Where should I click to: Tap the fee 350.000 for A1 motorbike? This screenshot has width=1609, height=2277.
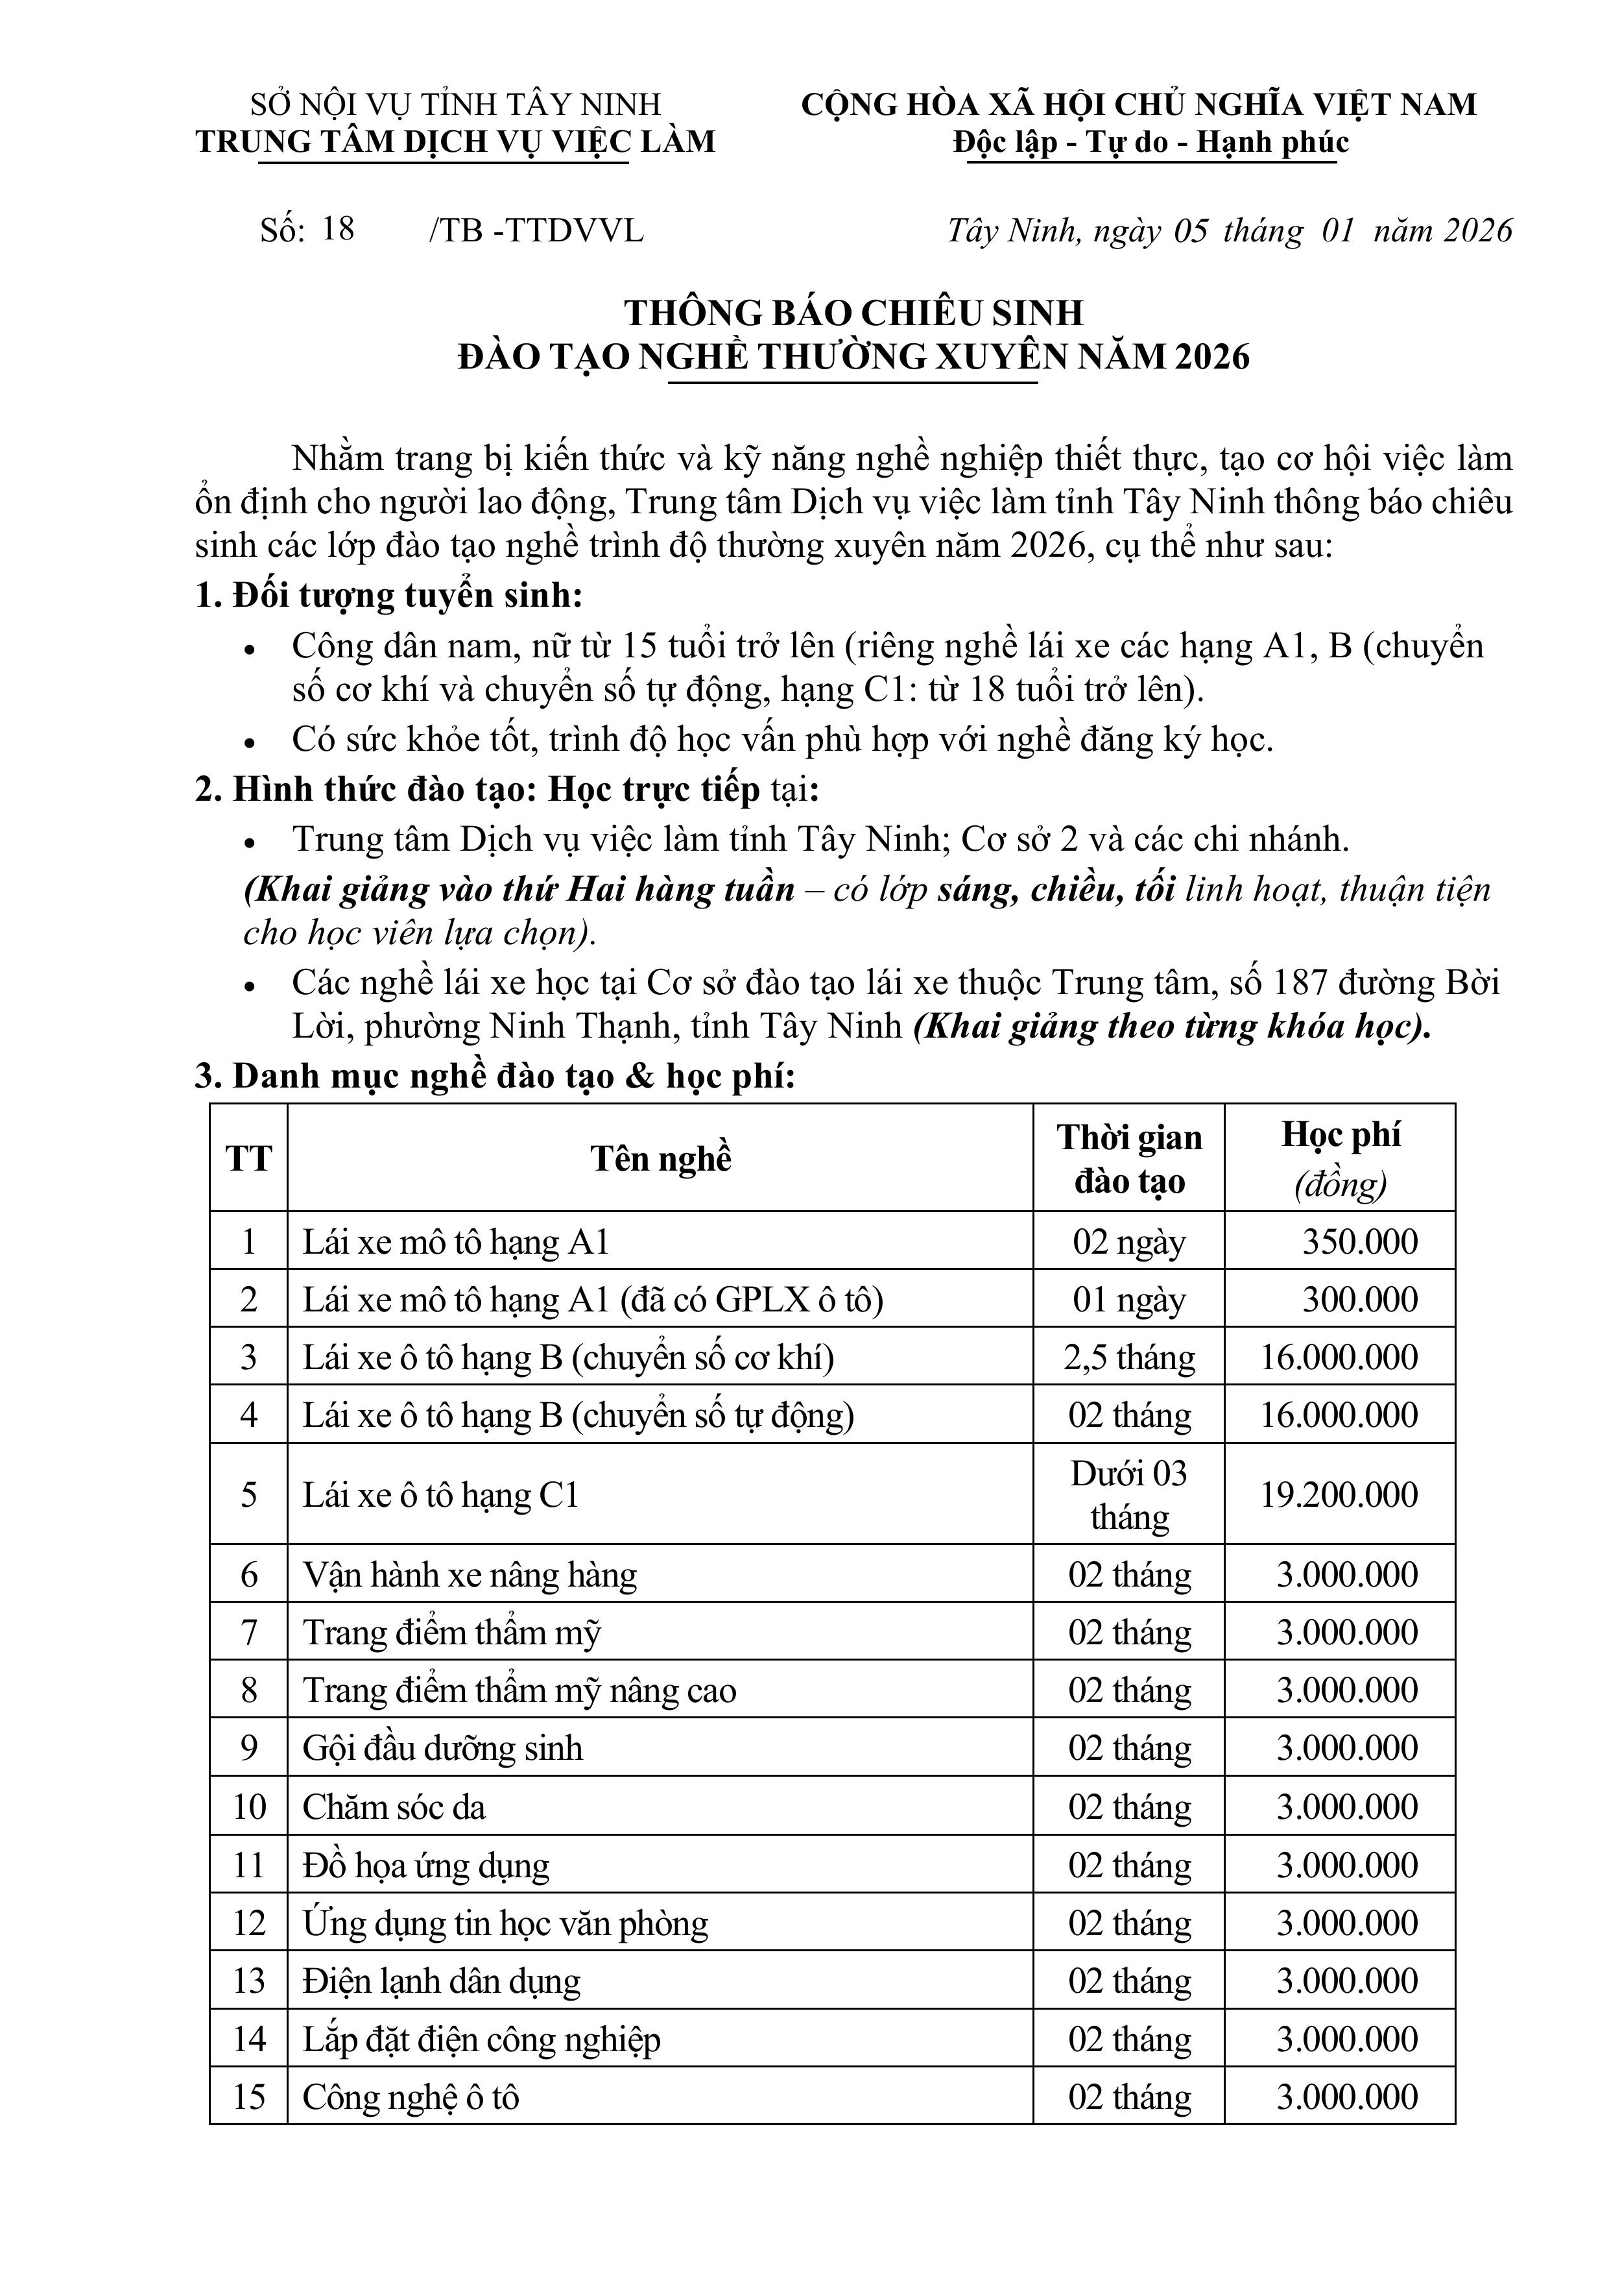1359,1241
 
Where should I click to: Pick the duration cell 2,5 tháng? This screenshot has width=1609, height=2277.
1129,1358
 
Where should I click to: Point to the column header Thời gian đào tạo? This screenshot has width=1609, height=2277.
1129,1158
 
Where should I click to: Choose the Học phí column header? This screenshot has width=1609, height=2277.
1341,1158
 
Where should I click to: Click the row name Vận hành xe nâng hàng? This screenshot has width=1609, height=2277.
470,1575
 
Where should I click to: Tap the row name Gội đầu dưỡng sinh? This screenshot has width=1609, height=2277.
442,1747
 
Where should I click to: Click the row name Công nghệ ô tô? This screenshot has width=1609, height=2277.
411,2097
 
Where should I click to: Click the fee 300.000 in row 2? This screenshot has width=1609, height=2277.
1359,1299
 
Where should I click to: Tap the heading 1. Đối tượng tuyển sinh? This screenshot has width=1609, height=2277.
388,596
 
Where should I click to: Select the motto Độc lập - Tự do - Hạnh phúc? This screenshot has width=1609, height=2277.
1151,143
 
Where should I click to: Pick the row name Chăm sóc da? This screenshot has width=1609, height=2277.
394,1807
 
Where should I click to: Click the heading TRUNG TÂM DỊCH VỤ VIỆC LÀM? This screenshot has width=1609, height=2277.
455,142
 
